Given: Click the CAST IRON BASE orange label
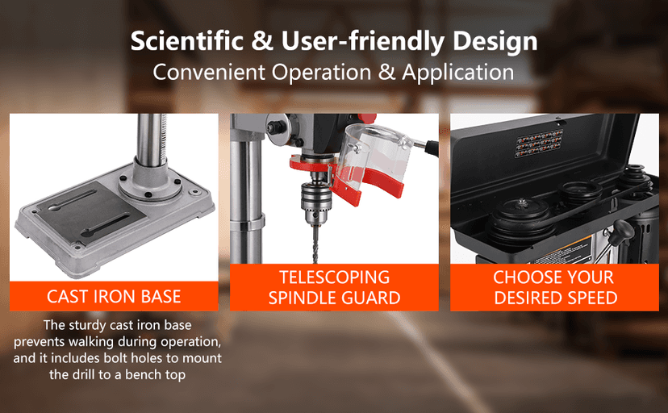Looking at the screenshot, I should (114, 296).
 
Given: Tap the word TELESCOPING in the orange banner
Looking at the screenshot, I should (334, 278).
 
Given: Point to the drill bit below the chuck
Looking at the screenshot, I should (311, 245).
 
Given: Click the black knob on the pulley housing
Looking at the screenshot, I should (622, 232).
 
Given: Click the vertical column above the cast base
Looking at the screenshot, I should (150, 137).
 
